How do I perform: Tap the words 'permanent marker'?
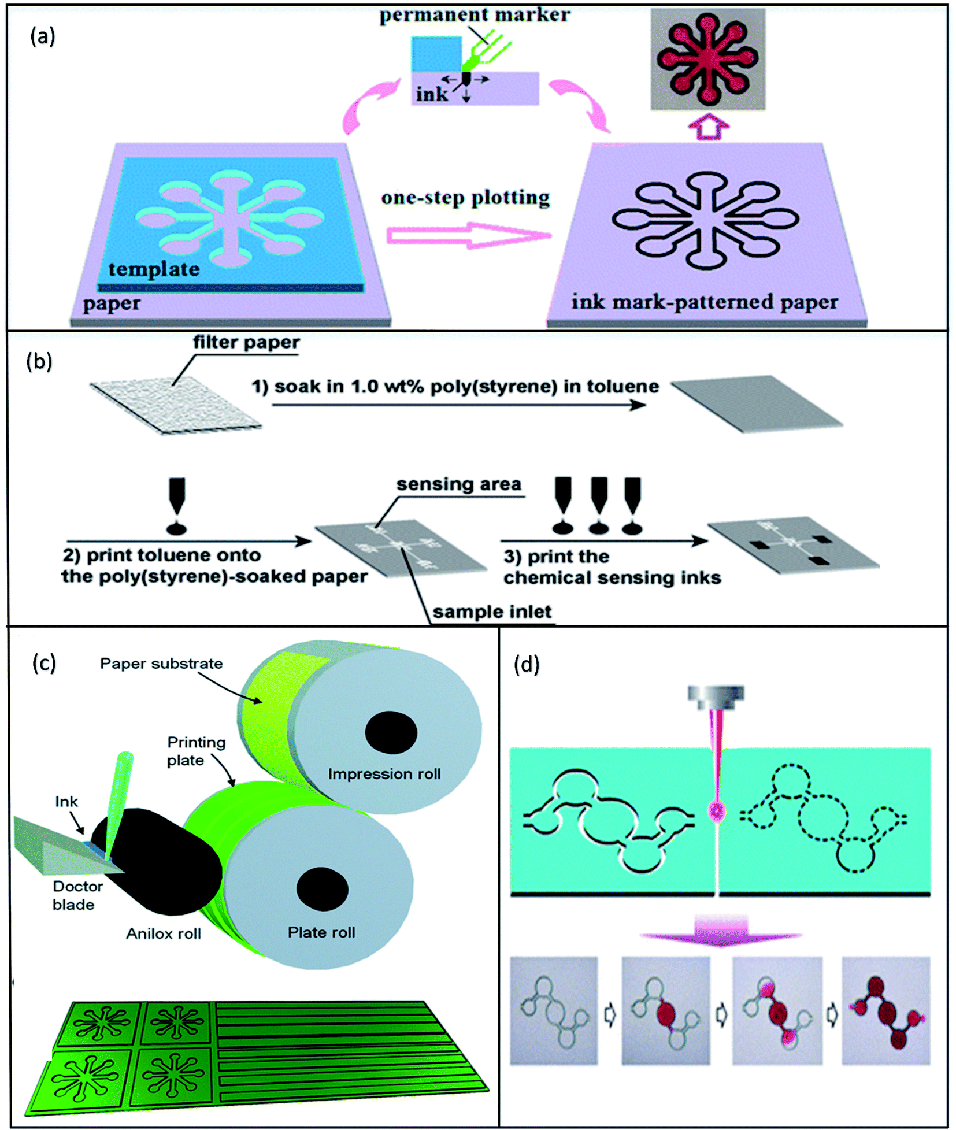[x=474, y=14]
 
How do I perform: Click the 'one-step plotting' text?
[x=465, y=198]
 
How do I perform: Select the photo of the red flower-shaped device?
[x=707, y=59]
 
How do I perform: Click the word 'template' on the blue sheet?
[x=154, y=269]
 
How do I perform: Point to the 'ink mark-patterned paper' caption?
[x=705, y=302]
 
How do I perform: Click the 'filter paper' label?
[x=246, y=342]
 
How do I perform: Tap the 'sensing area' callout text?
[x=459, y=484]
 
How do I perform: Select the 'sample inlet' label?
[x=492, y=612]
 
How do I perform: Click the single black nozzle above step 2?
[x=177, y=494]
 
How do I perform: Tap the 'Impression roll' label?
[x=384, y=773]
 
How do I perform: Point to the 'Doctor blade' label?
[x=77, y=895]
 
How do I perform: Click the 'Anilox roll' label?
[x=164, y=933]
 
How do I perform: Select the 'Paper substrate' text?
[x=161, y=663]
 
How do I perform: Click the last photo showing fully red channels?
[x=885, y=1011]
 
